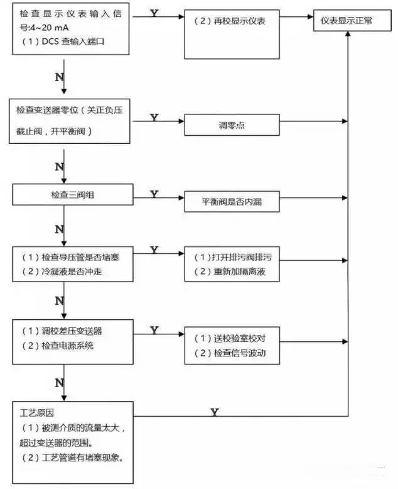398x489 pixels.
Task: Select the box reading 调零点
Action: pos(232,126)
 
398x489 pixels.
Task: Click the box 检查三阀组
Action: pos(73,195)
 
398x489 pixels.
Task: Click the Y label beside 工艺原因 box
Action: pos(214,412)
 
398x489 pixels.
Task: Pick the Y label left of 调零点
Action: pos(154,118)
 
